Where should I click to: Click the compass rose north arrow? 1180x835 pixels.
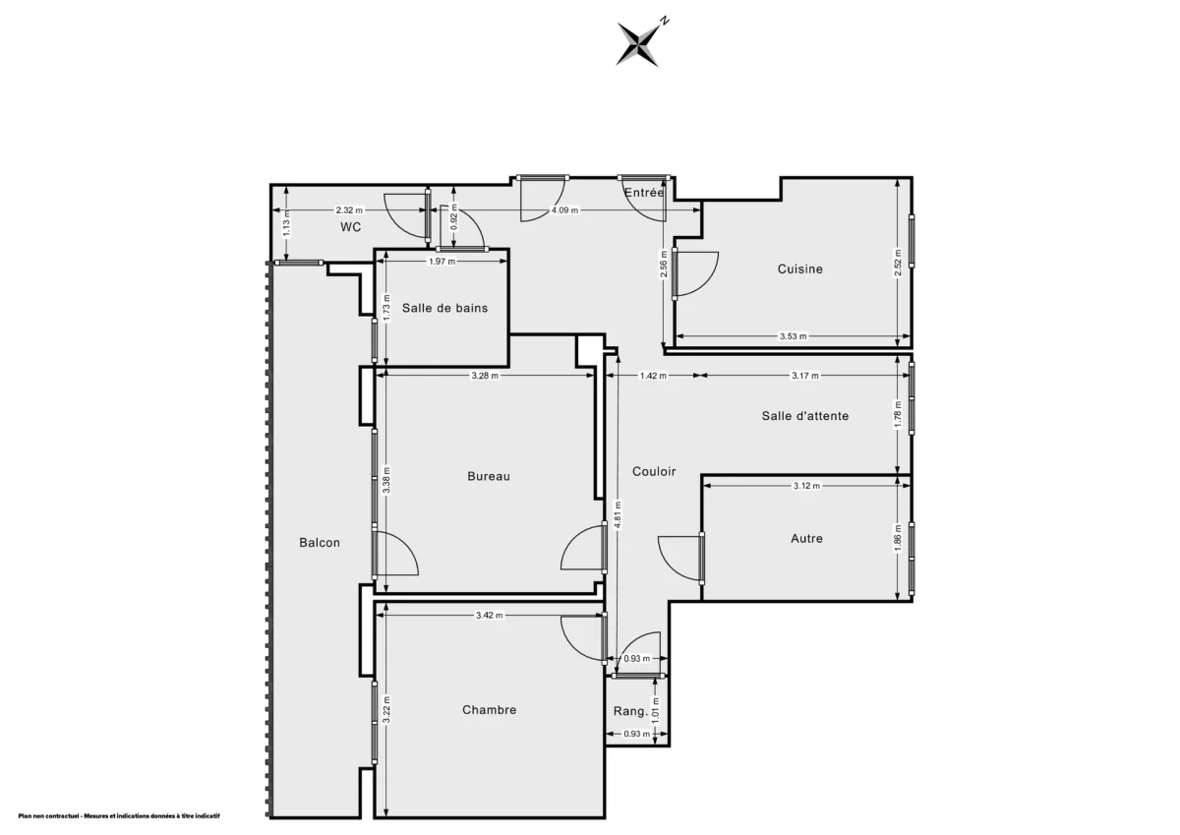point(638,42)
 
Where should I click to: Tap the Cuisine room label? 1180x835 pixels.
point(799,268)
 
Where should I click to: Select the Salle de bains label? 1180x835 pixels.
point(444,308)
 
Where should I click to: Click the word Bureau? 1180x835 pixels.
point(489,476)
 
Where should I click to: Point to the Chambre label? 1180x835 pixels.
point(489,709)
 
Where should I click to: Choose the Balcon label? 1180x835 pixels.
point(320,542)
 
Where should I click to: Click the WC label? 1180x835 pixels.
point(350,227)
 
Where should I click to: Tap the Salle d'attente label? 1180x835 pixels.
point(804,415)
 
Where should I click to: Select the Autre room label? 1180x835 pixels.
point(806,538)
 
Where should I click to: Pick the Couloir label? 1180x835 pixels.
point(654,471)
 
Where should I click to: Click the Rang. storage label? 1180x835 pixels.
point(629,711)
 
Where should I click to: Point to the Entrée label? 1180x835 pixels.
point(644,193)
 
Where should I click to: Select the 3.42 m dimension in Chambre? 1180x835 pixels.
point(489,616)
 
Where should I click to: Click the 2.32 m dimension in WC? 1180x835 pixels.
point(349,209)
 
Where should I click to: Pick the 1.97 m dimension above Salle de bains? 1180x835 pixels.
point(442,262)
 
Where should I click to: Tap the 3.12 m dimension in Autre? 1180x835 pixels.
point(805,486)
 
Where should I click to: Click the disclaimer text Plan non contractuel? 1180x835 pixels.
point(118,815)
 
